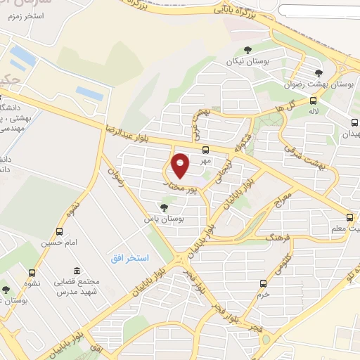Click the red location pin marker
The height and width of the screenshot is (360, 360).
click(x=181, y=165)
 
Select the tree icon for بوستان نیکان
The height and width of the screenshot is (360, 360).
click(x=247, y=49)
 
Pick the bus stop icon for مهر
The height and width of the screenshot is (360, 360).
click(x=205, y=150)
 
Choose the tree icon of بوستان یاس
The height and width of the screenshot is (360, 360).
click(x=164, y=207)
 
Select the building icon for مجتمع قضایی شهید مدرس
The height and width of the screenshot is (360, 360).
click(x=77, y=271)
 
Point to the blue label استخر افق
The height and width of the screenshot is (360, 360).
click(x=129, y=259)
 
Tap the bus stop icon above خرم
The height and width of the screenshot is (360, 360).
click(x=263, y=283)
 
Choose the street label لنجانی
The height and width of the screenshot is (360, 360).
click(x=224, y=169)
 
